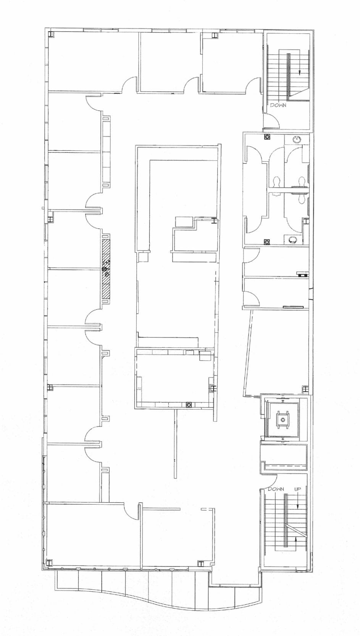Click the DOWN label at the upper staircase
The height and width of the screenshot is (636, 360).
click(278, 105)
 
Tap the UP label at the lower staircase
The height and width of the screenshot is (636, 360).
click(298, 489)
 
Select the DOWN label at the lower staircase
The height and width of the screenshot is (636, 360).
click(276, 489)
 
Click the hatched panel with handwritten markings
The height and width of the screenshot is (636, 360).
click(106, 268)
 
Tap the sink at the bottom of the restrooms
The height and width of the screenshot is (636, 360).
click(293, 240)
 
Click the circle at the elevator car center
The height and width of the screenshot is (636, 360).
click(283, 420)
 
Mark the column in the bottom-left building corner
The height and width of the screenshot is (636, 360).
click(49, 562)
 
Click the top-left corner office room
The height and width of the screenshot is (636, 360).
click(93, 61)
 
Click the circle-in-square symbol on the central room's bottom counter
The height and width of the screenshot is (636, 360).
click(189, 404)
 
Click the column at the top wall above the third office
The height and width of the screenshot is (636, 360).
click(214, 36)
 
